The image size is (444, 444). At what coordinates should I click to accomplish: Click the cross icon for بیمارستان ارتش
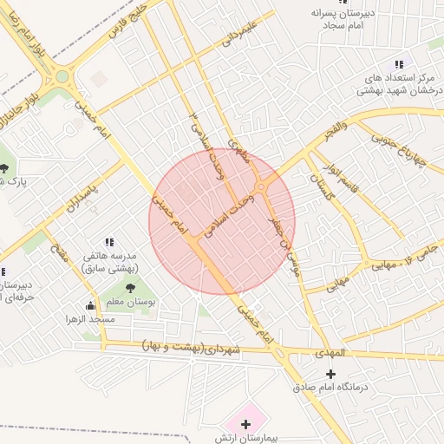[x=246, y=424]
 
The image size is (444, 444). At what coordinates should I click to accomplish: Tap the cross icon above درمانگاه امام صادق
[x=330, y=374]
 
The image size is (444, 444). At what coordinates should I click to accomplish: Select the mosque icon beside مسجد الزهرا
[x=91, y=305]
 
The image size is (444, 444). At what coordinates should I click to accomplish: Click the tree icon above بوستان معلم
[x=130, y=288]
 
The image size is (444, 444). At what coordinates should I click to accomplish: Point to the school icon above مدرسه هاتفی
[x=109, y=242]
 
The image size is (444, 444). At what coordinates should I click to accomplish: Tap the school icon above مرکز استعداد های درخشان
[x=398, y=64]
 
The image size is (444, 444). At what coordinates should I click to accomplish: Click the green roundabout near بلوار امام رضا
[x=62, y=76]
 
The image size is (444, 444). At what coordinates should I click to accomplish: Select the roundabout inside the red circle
[x=261, y=187]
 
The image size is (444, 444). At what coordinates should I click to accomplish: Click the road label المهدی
[x=331, y=354]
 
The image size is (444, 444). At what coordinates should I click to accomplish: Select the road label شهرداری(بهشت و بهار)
[x=193, y=349]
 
